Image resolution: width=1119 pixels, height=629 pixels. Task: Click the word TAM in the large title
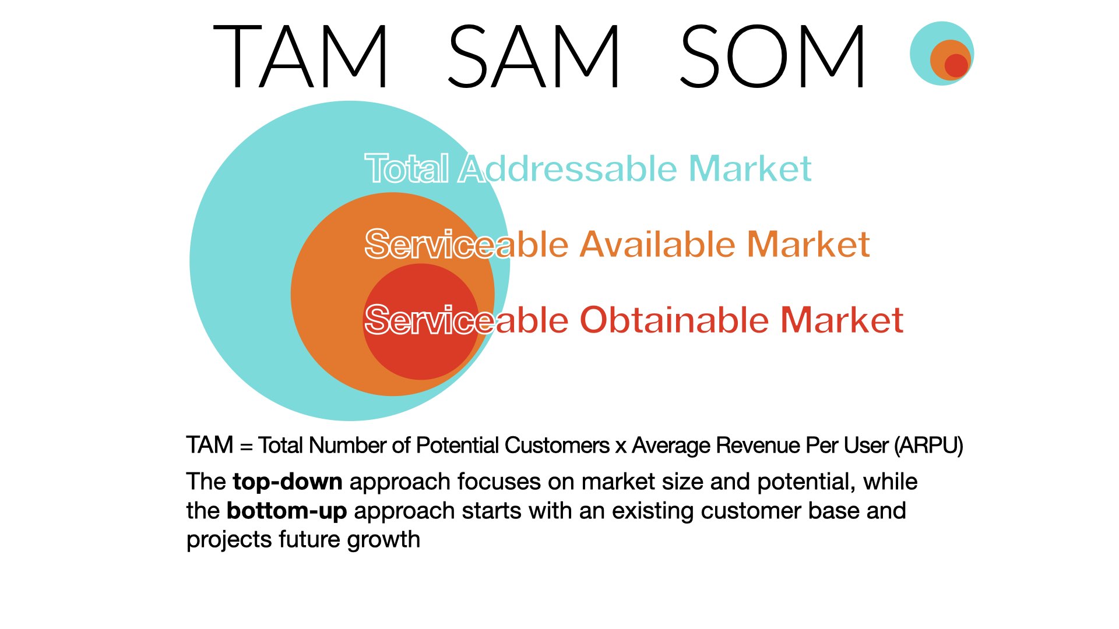(301, 56)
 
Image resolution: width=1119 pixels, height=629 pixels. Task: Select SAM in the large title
(534, 56)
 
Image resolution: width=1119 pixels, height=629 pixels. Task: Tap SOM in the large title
(773, 56)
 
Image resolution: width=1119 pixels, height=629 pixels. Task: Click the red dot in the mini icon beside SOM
(956, 65)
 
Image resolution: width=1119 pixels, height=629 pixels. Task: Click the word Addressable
(569, 168)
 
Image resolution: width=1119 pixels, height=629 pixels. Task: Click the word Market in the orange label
(808, 244)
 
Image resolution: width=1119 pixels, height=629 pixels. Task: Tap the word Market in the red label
(842, 320)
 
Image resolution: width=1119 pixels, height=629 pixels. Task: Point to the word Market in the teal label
(750, 168)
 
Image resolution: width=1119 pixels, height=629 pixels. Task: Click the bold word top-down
(287, 482)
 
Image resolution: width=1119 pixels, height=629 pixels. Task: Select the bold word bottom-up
(287, 511)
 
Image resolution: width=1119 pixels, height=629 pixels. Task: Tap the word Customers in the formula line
(557, 446)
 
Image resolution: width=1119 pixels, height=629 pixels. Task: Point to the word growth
(383, 540)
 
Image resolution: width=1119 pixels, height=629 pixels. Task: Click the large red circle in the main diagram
(421, 322)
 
